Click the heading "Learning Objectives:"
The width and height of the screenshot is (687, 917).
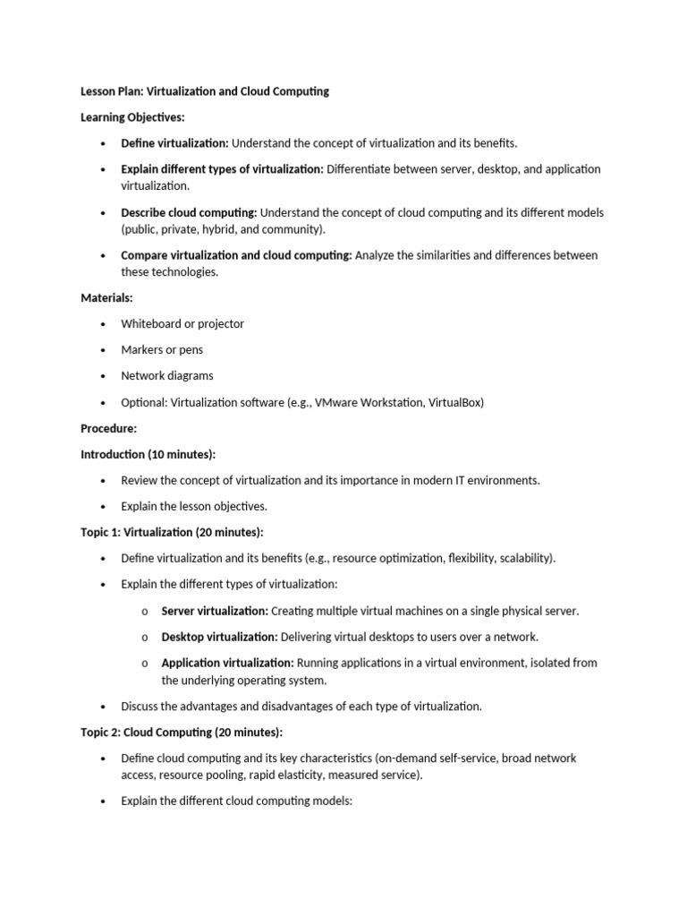tap(133, 117)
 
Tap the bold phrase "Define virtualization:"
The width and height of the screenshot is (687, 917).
tap(175, 143)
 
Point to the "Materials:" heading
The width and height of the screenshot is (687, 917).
tap(106, 298)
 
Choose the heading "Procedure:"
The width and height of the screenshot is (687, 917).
tap(108, 428)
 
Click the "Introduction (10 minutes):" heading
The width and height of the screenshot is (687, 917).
tap(148, 454)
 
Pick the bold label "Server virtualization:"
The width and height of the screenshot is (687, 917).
tap(215, 611)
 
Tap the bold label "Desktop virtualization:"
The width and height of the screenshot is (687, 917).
tap(219, 637)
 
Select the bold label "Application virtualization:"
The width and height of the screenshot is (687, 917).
tap(227, 663)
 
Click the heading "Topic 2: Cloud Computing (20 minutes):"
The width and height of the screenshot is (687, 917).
tap(182, 732)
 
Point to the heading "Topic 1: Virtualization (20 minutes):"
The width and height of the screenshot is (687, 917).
tap(172, 532)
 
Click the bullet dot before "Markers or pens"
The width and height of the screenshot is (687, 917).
tap(104, 350)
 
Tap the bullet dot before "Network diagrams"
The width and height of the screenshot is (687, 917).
tap(104, 376)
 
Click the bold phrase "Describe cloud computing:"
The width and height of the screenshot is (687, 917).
tap(190, 212)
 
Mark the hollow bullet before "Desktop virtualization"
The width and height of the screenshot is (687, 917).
tap(145, 638)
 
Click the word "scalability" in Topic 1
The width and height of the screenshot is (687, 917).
tap(524, 558)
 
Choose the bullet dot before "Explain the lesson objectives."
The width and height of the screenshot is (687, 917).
tap(104, 507)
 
